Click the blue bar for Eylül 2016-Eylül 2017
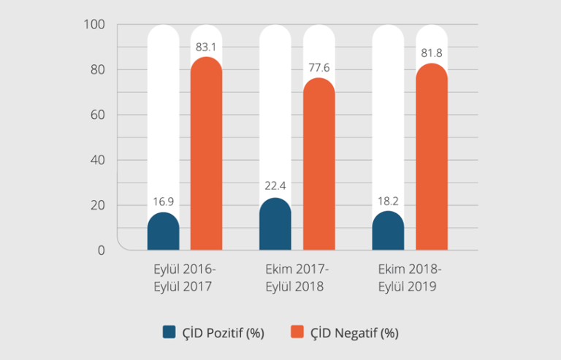[163, 232]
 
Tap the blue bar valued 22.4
[275, 225]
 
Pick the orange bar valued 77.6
[319, 164]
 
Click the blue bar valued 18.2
[388, 231]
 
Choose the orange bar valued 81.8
[432, 157]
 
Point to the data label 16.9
[163, 201]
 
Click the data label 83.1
[207, 47]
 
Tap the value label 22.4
[275, 186]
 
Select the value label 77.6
[319, 68]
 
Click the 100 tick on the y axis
[95, 25]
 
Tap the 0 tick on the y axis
[102, 250]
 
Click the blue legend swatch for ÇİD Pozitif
[169, 332]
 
